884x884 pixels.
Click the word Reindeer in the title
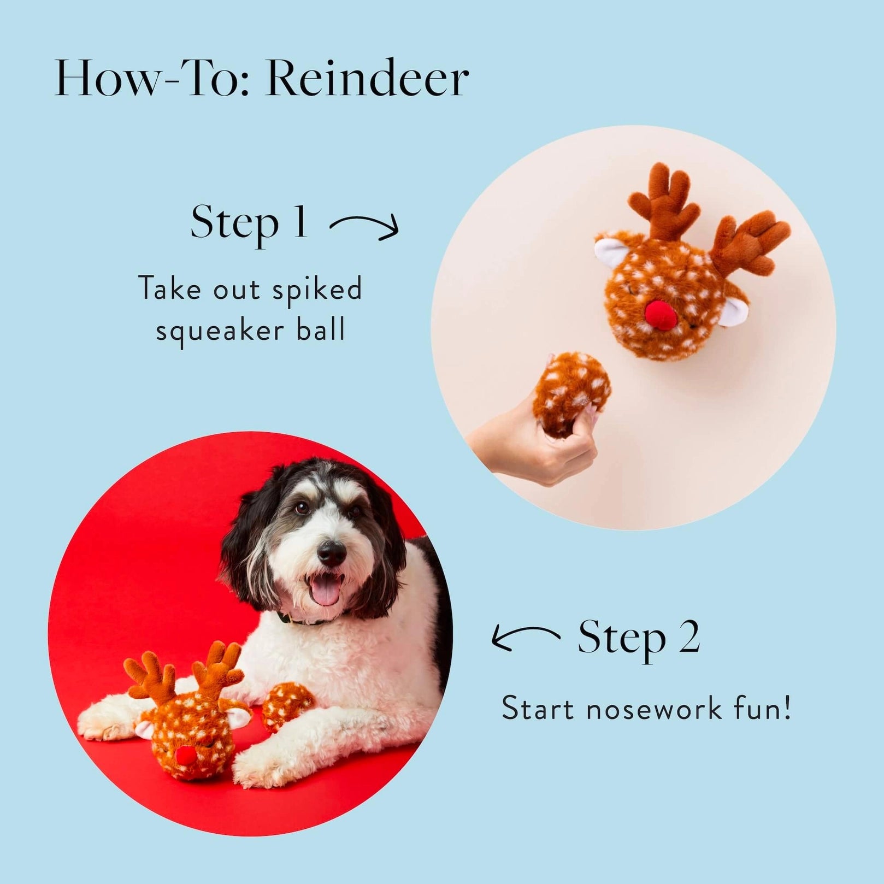pos(367,80)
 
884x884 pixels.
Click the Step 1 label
pos(249,223)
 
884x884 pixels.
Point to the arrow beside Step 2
pos(525,638)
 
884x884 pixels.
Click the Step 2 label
pos(639,638)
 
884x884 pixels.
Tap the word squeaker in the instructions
pos(220,331)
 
